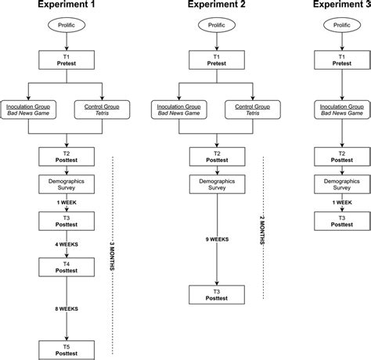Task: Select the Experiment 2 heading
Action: (216, 6)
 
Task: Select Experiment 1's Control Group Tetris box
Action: (103, 109)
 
